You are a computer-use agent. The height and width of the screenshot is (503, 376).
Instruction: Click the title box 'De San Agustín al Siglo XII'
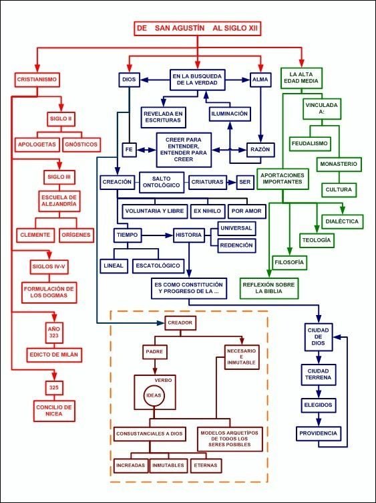tap(197, 28)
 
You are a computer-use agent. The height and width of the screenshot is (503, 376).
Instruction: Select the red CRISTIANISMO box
tap(37, 80)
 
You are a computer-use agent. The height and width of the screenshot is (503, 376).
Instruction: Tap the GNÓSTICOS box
tap(81, 144)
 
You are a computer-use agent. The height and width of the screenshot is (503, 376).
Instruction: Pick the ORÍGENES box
tap(77, 235)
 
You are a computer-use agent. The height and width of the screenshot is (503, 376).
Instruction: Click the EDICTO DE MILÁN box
tap(54, 355)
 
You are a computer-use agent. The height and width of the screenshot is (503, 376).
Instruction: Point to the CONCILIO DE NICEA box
tap(54, 411)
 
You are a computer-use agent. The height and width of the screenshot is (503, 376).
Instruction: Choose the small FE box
tap(129, 149)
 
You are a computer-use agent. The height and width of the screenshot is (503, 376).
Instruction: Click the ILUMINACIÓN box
tap(229, 114)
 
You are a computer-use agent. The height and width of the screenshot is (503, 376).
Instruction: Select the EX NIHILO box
tap(207, 211)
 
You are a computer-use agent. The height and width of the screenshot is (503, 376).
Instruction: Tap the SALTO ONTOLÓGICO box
tap(162, 182)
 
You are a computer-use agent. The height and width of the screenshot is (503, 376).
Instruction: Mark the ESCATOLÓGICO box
tap(158, 266)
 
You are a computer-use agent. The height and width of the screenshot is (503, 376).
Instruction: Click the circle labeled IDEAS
tap(154, 395)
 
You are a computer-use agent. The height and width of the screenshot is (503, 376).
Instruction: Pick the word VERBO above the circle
tap(164, 380)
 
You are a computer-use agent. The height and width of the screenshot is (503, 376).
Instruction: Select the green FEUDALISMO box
tap(310, 144)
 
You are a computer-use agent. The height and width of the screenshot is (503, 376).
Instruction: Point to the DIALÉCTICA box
tap(342, 221)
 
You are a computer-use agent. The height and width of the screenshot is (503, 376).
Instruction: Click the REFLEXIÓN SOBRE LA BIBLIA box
tap(268, 288)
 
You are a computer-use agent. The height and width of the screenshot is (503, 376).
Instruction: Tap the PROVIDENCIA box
tap(318, 433)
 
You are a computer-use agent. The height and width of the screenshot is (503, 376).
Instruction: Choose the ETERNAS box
tap(206, 465)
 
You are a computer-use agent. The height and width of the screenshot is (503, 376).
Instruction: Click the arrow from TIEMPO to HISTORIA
tap(157, 235)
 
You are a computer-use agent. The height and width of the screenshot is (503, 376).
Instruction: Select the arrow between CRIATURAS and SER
tap(231, 182)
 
